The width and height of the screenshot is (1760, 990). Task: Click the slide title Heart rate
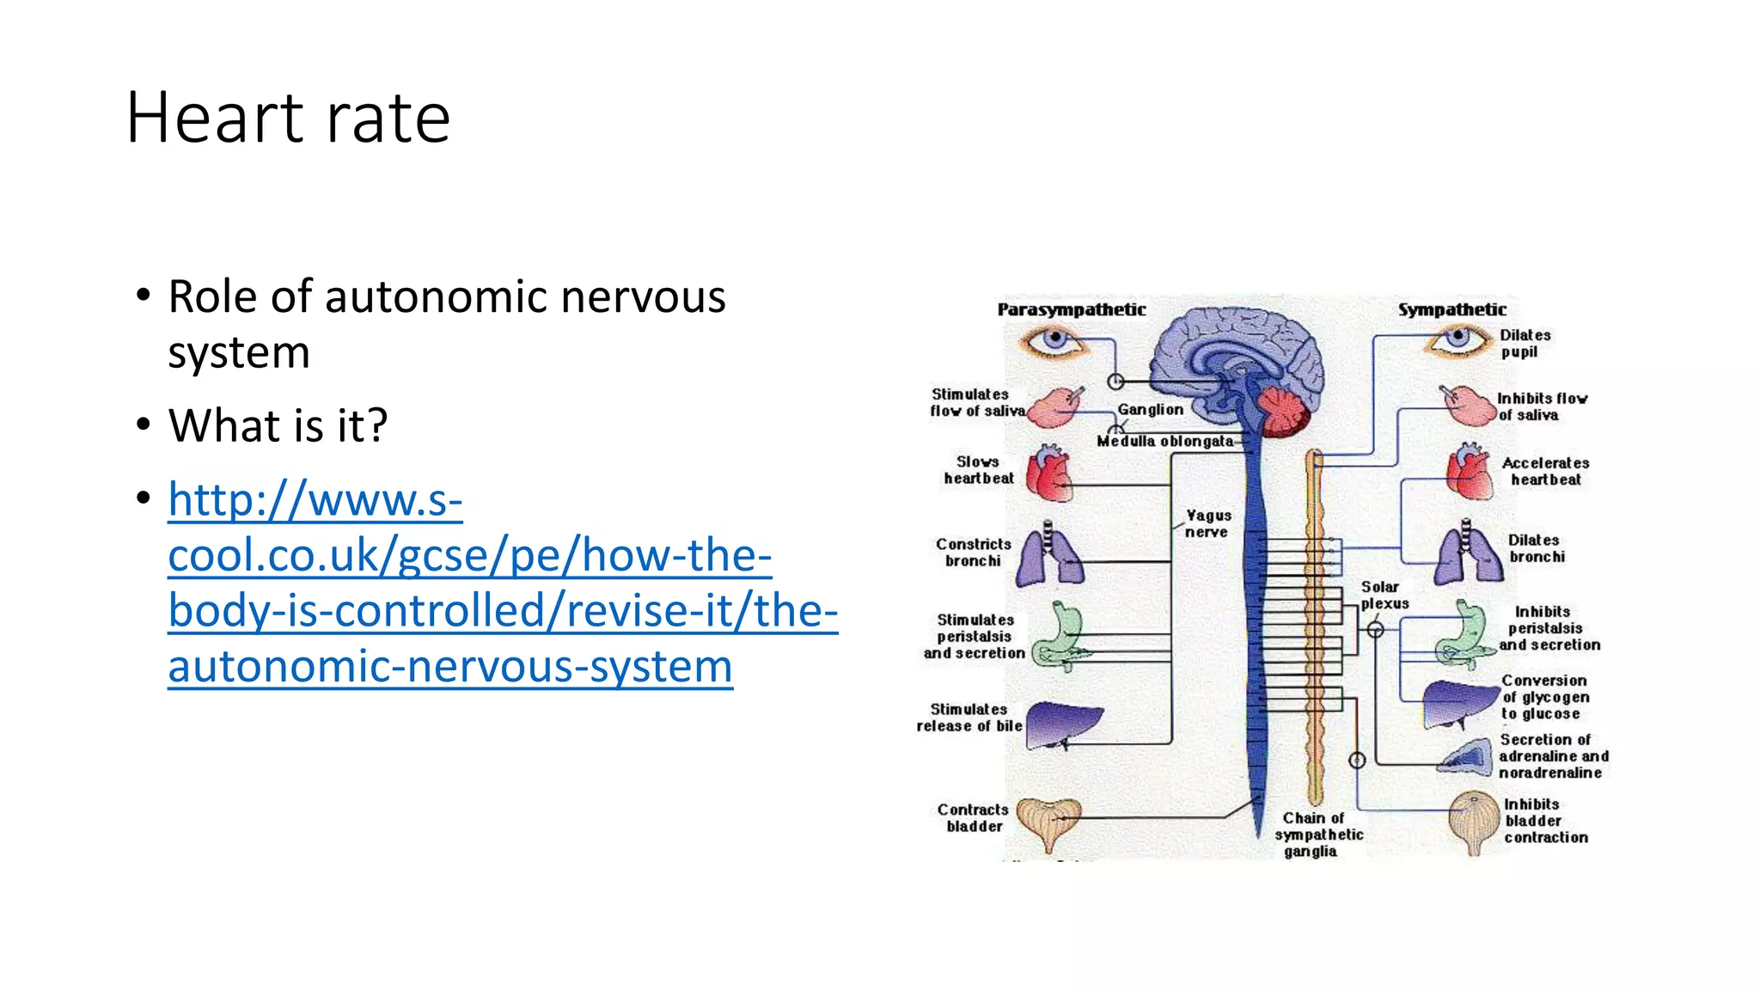coord(288,118)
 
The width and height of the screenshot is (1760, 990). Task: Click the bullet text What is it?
coord(278,425)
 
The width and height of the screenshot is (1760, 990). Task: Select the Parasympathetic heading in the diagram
coord(1071,309)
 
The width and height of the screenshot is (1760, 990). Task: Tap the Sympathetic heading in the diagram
coord(1451,309)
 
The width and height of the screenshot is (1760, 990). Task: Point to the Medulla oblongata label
coord(1164,441)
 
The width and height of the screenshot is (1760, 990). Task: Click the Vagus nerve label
coord(1207,523)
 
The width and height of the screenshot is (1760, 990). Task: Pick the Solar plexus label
coord(1384,595)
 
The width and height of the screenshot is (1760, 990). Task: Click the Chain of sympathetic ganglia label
coord(1317,834)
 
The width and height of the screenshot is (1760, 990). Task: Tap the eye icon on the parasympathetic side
coord(1054,341)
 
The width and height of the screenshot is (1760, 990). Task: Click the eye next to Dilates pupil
coord(1457,339)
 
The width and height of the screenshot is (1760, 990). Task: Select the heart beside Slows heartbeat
coord(1049,474)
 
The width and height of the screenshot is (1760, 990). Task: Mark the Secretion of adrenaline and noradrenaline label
coord(1552,756)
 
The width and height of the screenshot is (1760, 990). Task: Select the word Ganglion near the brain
coord(1150,410)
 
